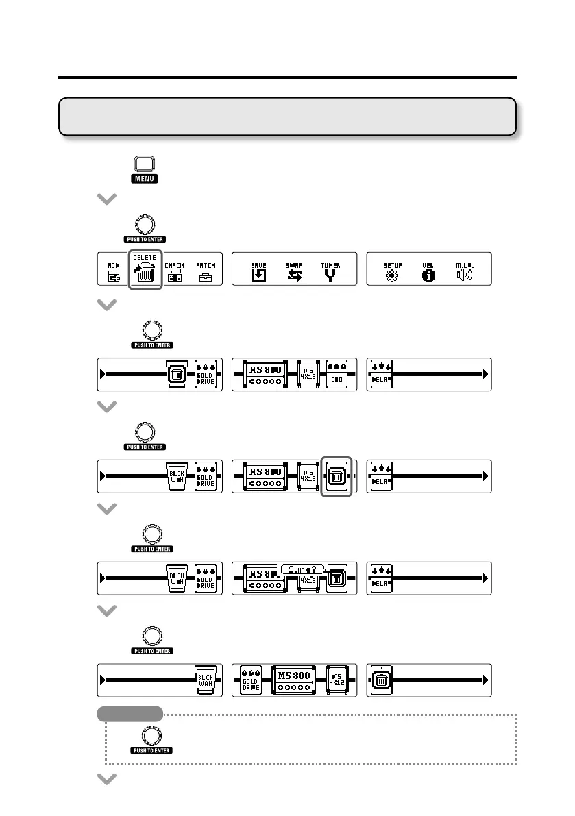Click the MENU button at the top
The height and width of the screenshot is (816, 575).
pyautogui.click(x=145, y=165)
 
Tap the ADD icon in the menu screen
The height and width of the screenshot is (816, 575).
pyautogui.click(x=113, y=273)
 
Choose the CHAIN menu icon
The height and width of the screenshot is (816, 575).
pyautogui.click(x=176, y=273)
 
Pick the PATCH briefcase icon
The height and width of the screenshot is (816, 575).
pyautogui.click(x=205, y=273)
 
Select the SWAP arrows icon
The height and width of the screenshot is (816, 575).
pyautogui.click(x=294, y=273)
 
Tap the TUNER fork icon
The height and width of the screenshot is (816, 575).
pyautogui.click(x=331, y=273)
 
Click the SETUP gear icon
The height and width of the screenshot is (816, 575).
pyautogui.click(x=393, y=273)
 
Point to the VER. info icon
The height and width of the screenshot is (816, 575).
pyautogui.click(x=429, y=273)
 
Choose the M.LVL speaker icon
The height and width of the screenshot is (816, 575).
pyautogui.click(x=465, y=273)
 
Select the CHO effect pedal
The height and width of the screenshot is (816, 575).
pyautogui.click(x=337, y=374)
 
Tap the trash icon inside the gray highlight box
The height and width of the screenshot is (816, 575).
pyautogui.click(x=337, y=476)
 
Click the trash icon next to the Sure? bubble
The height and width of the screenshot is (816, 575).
pyautogui.click(x=337, y=580)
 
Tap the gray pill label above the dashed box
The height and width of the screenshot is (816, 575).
pyautogui.click(x=130, y=714)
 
